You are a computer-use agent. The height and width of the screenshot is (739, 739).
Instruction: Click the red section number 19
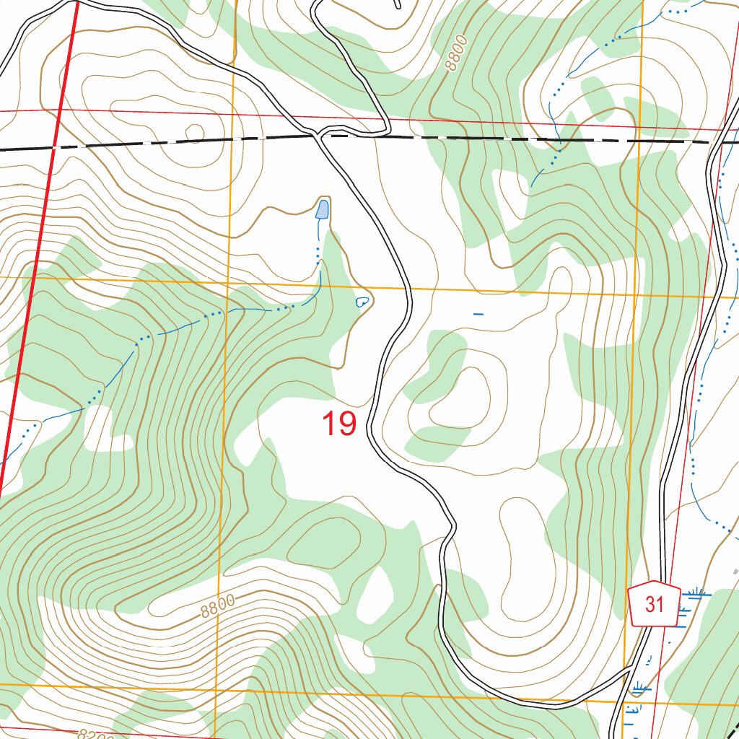click(x=338, y=424)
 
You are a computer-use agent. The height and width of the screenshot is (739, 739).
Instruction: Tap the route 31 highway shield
click(x=654, y=603)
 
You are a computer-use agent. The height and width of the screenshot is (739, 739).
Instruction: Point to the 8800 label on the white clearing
click(x=218, y=606)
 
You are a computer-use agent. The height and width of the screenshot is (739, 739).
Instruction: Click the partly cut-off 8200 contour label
click(x=95, y=734)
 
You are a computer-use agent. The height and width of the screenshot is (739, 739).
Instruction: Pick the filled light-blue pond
click(x=322, y=210)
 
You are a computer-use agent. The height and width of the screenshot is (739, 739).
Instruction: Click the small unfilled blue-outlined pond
click(x=362, y=302)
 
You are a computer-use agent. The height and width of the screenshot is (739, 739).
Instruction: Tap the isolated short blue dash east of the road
click(x=478, y=314)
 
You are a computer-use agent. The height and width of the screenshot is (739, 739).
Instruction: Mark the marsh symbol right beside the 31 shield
click(x=694, y=594)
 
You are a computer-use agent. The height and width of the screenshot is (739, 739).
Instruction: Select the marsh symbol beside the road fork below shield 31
click(x=638, y=688)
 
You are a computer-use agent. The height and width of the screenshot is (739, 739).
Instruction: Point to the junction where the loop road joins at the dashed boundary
click(x=319, y=134)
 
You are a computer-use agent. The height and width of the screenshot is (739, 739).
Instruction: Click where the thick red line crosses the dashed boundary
click(x=55, y=147)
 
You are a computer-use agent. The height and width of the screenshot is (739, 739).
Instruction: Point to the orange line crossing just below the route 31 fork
click(x=624, y=701)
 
